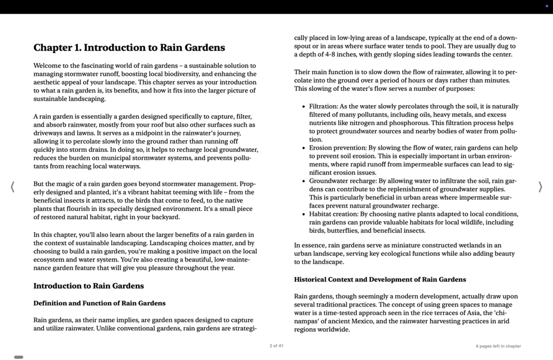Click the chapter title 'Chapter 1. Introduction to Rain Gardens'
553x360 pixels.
129,48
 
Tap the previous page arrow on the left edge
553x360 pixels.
12,187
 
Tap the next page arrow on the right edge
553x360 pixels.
540,187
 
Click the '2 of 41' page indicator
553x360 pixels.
276,346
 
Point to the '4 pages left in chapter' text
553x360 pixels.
498,346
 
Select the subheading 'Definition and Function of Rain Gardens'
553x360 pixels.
99,303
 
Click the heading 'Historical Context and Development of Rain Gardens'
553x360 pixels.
380,280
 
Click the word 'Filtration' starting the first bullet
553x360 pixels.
323,107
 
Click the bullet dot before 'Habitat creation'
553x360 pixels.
303,214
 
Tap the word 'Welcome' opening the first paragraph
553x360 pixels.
47,66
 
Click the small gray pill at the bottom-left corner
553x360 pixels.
19,357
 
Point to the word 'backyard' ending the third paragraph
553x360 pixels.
166,217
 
